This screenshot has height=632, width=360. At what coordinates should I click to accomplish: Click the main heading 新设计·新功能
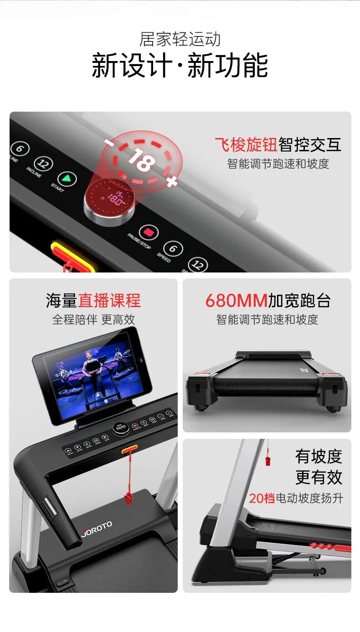coord(180,66)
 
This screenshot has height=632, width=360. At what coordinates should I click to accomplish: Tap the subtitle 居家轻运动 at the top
coord(180,39)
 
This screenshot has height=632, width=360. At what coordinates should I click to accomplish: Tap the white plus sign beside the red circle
coord(171,182)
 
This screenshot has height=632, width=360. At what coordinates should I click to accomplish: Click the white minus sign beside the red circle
coord(109,142)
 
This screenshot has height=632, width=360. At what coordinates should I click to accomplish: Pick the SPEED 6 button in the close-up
coord(173,249)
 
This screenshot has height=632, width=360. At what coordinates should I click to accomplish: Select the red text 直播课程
coord(109,301)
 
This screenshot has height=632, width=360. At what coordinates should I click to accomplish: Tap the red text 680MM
coord(236,301)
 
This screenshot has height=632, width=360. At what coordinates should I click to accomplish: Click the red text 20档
coord(262,498)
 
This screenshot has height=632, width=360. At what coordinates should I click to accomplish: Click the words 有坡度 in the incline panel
coord(318,456)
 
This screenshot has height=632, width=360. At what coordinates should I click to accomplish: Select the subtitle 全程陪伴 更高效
coord(93,319)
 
